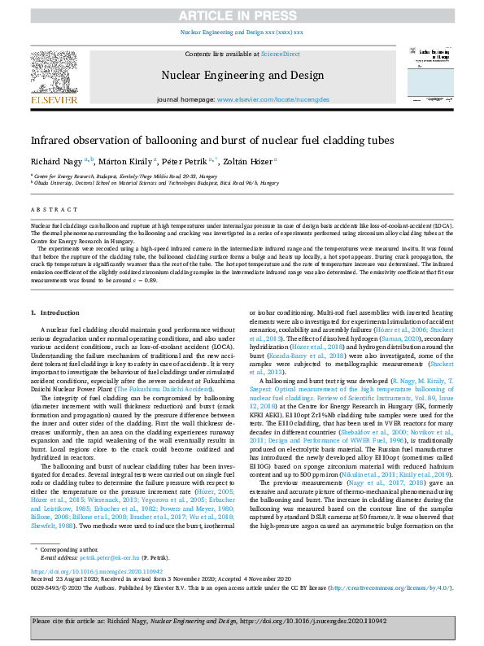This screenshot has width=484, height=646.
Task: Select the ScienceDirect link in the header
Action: [x=280, y=54]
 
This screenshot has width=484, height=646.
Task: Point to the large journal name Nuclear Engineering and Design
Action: [x=242, y=76]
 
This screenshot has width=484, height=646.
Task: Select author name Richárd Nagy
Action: [x=59, y=161]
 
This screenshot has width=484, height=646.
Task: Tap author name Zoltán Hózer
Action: [x=250, y=161]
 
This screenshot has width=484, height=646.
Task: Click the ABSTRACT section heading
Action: [x=50, y=207]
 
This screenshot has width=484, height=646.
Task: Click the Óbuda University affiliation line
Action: [x=155, y=183]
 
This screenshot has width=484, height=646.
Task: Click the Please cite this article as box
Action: [x=242, y=622]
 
